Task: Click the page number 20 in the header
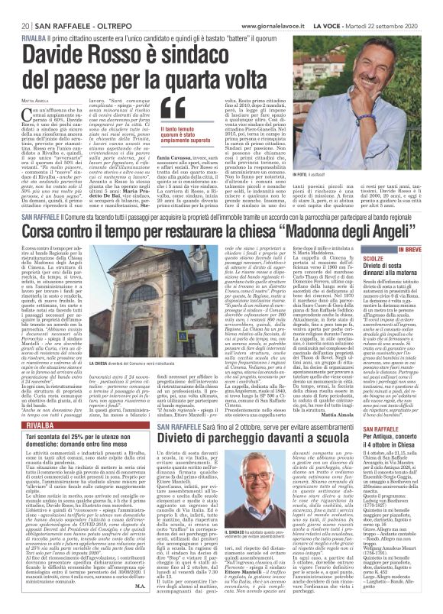click(15, 7)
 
